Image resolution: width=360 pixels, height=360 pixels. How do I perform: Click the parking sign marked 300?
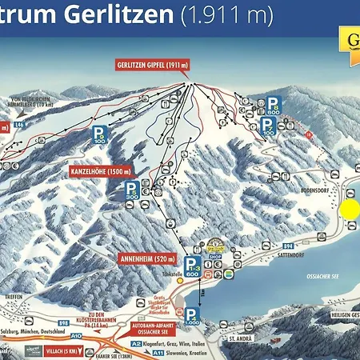tap(132, 190)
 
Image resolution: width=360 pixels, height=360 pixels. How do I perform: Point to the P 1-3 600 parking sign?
tap(193, 266)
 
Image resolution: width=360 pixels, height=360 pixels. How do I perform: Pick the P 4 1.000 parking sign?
tap(193, 317)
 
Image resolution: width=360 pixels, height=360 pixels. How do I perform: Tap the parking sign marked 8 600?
tap(274, 107)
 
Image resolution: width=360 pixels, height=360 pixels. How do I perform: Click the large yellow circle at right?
tap(350, 210)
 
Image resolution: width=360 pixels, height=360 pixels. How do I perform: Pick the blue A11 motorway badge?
tap(159, 352)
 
